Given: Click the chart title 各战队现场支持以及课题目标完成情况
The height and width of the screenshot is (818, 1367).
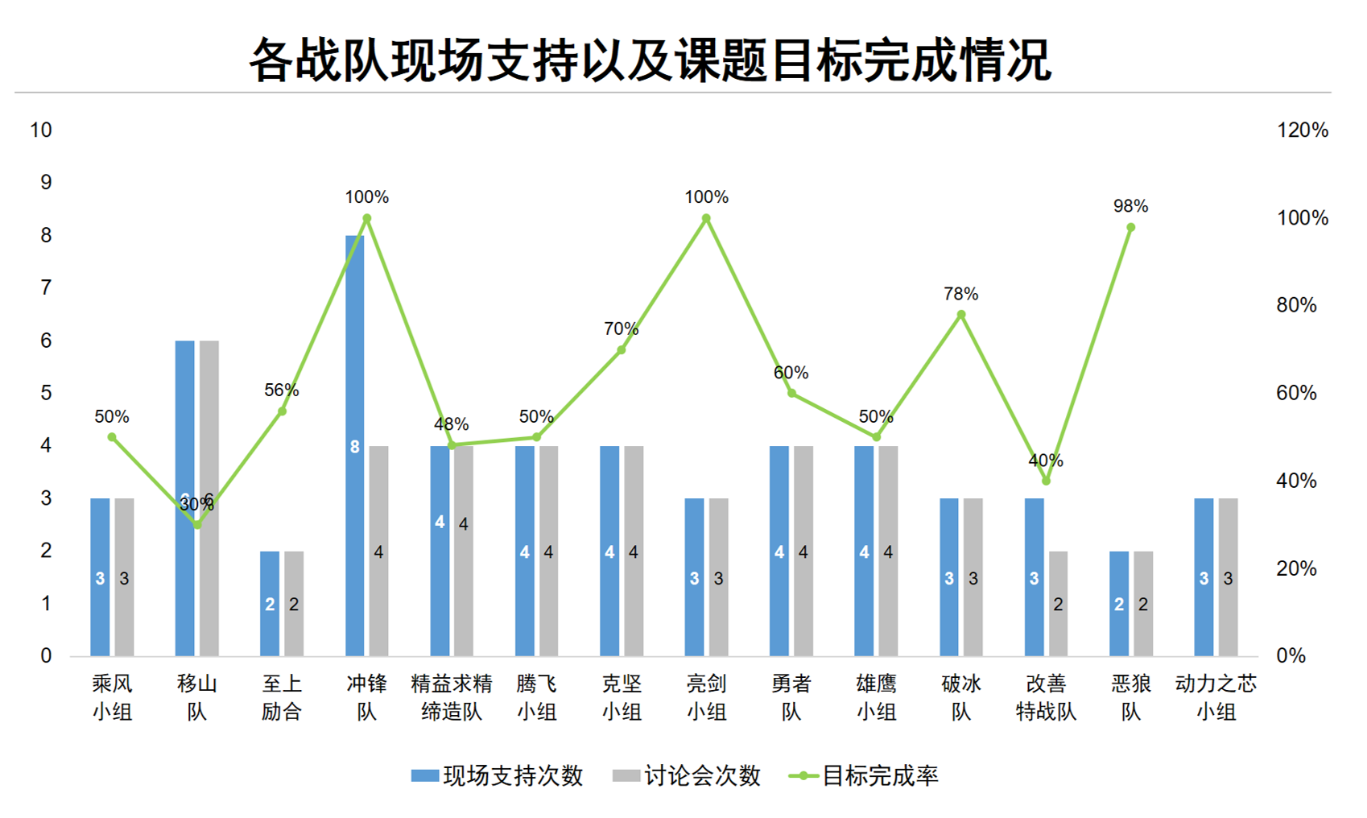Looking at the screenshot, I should tap(650, 60).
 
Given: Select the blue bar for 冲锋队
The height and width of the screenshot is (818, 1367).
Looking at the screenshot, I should tap(354, 362).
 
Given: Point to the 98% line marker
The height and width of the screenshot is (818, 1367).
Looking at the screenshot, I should tap(1130, 228).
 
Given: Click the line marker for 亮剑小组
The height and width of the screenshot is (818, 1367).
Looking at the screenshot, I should tap(706, 219).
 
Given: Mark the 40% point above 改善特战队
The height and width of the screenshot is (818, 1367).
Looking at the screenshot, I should tap(1046, 481).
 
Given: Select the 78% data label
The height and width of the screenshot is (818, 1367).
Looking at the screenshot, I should tap(960, 294).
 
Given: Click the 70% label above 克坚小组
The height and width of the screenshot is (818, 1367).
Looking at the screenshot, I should tap(621, 328).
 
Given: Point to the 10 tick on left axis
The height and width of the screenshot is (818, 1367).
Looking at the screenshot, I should tap(41, 130).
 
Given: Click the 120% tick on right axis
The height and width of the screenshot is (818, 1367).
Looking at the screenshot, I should tap(1302, 130).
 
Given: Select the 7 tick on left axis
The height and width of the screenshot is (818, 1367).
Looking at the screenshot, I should tap(46, 287).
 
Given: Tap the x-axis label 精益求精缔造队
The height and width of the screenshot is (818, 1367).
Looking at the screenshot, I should tap(452, 697).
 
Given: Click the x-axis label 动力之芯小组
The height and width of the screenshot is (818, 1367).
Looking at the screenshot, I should tap(1216, 697).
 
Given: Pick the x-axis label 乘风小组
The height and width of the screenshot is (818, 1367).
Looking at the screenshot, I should tap(112, 697).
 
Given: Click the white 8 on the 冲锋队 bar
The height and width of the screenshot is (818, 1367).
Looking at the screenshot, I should tap(354, 447).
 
